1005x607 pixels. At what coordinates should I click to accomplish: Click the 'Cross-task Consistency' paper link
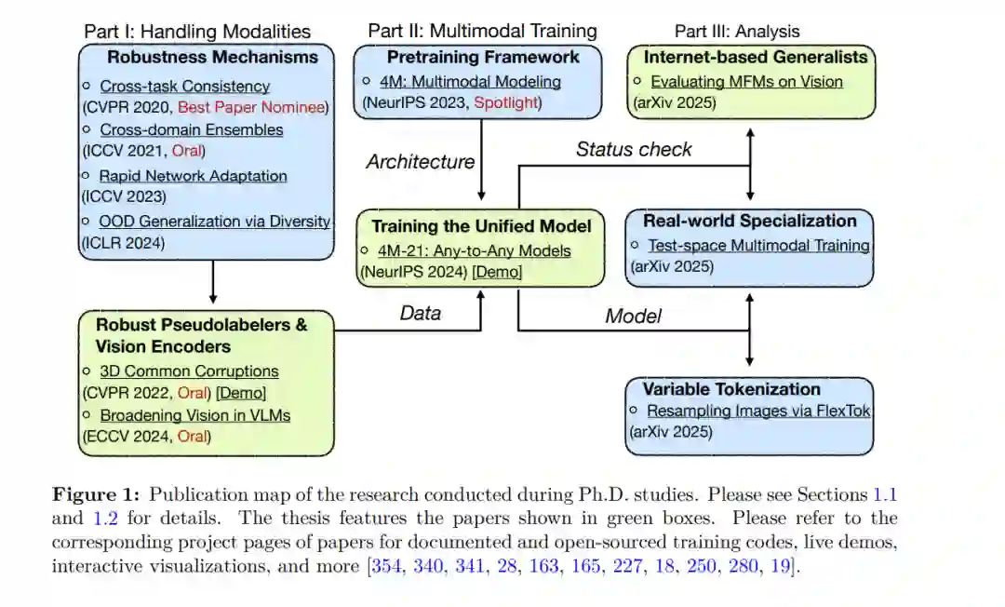coord(184,87)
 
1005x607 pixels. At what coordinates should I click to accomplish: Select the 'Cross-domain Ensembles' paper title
coord(191,130)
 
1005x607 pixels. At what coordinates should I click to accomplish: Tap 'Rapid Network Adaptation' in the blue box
coord(193,176)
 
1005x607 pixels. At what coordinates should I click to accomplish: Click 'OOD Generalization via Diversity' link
coord(215,222)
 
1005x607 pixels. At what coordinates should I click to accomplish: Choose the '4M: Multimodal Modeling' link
coord(471,82)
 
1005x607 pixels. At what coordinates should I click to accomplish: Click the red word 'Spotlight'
coord(506,102)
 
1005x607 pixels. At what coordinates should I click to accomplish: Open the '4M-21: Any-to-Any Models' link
coord(476,250)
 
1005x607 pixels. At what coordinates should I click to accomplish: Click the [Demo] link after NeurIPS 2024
coord(497,272)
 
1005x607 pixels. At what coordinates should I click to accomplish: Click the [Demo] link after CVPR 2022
coord(241,393)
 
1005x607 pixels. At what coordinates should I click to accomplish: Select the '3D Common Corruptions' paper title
coord(189,371)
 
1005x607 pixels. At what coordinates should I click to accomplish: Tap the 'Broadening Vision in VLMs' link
coord(194,415)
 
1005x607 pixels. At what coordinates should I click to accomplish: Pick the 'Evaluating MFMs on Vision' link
coord(746,82)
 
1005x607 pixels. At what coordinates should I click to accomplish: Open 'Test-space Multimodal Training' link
coord(758,246)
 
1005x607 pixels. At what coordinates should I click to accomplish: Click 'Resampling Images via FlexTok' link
coord(758,411)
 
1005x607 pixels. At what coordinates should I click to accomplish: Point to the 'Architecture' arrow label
coord(420,162)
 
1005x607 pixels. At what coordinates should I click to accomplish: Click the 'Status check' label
coord(634,149)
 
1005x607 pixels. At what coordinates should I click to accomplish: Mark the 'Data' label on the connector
coord(420,313)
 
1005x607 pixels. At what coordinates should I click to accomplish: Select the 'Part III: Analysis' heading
coord(737,32)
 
